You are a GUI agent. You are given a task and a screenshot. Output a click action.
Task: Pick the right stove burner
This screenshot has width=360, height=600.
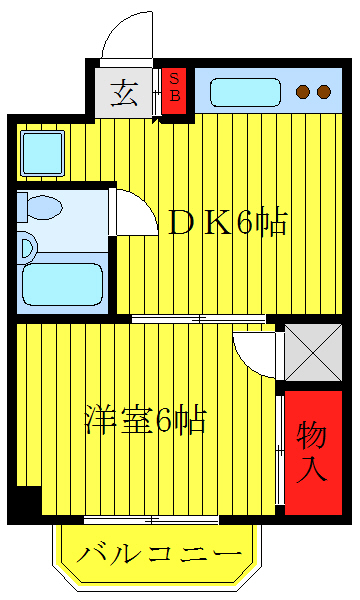(x=324, y=92)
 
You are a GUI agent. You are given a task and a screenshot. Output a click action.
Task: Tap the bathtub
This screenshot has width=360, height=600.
(x=62, y=282)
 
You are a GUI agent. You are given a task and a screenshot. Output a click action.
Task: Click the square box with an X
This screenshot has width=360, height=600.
(x=313, y=351)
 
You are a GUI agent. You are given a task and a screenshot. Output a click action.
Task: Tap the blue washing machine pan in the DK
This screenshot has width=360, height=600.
(x=43, y=152)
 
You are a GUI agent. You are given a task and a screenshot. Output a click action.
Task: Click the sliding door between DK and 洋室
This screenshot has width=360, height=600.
(x=200, y=319)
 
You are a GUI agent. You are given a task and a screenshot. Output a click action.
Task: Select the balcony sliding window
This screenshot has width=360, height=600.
(x=150, y=520)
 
